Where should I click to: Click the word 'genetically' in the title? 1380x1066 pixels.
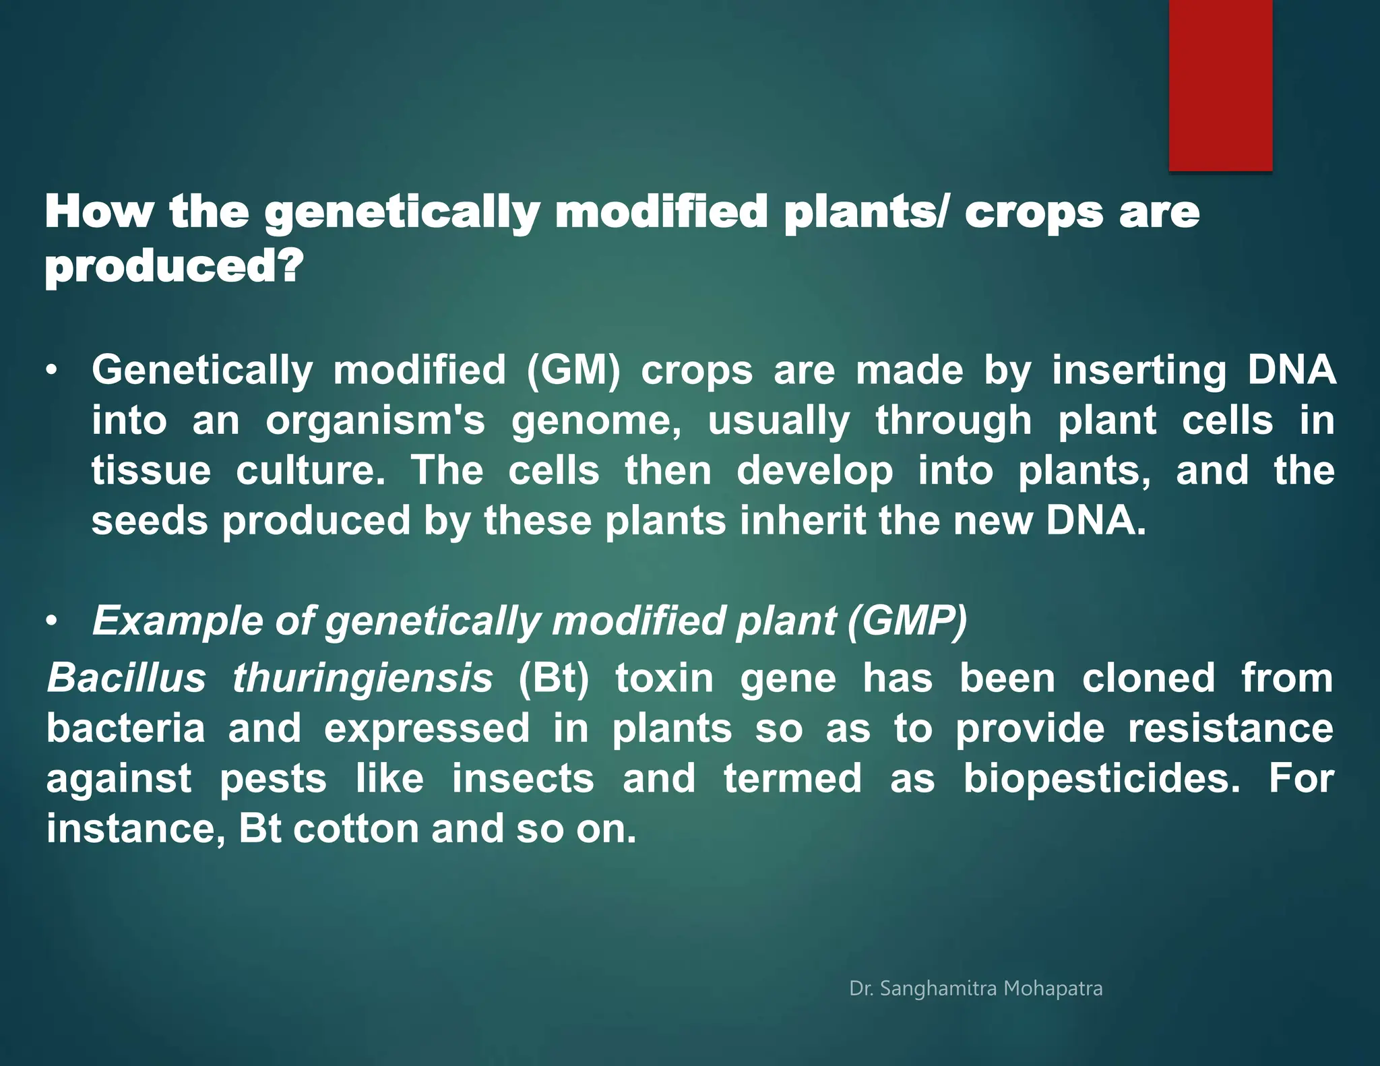click(x=402, y=212)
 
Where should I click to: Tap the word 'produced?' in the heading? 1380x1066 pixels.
click(x=174, y=267)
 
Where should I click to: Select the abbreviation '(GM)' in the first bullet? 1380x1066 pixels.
click(x=573, y=371)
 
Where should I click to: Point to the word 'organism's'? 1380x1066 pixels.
click(x=375, y=421)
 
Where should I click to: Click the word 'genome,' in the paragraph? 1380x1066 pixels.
click(x=596, y=421)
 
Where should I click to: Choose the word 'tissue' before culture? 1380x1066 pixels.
click(x=151, y=470)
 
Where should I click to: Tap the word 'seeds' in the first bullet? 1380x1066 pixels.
click(x=150, y=521)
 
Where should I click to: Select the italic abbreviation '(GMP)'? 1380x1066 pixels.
click(x=908, y=620)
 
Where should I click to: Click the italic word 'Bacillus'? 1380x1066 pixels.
click(x=126, y=678)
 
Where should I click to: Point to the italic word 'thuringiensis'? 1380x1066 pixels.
click(x=363, y=678)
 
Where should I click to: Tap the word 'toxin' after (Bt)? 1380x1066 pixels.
click(x=664, y=678)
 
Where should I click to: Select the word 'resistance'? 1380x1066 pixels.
click(x=1230, y=728)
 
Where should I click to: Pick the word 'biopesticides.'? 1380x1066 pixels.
click(x=1102, y=779)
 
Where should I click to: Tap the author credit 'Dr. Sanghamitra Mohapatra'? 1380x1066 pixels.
click(x=976, y=989)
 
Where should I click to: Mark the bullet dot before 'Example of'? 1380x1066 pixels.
click(x=52, y=621)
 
